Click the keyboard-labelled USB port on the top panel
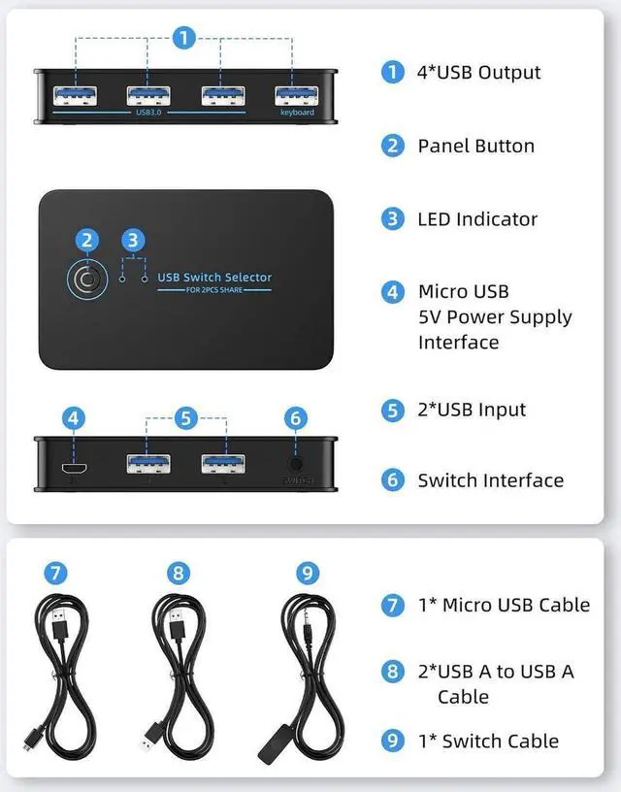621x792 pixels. (x=296, y=96)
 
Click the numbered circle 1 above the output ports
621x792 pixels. (x=184, y=38)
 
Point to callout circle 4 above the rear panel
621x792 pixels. (x=74, y=418)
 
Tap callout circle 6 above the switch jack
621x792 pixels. (x=296, y=418)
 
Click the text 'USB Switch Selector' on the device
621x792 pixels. (x=214, y=278)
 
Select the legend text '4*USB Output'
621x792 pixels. (x=478, y=72)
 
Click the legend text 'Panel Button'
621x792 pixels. (x=475, y=146)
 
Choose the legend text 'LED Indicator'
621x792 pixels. (x=477, y=219)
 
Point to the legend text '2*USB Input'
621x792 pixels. (x=472, y=410)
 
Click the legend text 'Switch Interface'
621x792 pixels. (x=490, y=480)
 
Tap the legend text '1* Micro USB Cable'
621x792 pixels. (x=503, y=605)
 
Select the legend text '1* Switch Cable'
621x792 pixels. (x=488, y=741)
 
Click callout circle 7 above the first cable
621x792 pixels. (x=56, y=573)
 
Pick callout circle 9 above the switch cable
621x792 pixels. (x=309, y=573)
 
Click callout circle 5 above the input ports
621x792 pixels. (x=186, y=418)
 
